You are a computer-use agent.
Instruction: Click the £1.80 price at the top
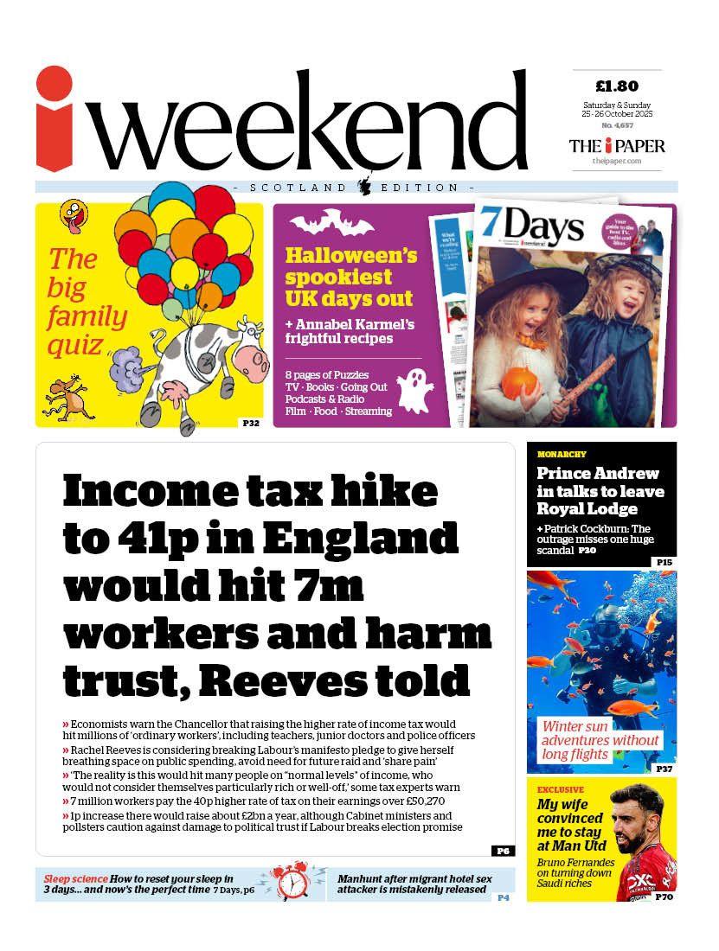617,86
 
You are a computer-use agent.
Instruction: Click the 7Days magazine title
531,227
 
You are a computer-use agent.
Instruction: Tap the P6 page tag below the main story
503,851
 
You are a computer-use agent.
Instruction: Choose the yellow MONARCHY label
562,454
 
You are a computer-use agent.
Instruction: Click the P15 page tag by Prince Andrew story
664,562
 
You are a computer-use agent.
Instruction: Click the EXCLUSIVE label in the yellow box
560,789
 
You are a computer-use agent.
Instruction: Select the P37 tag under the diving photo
664,769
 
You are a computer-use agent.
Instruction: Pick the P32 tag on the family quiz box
250,423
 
